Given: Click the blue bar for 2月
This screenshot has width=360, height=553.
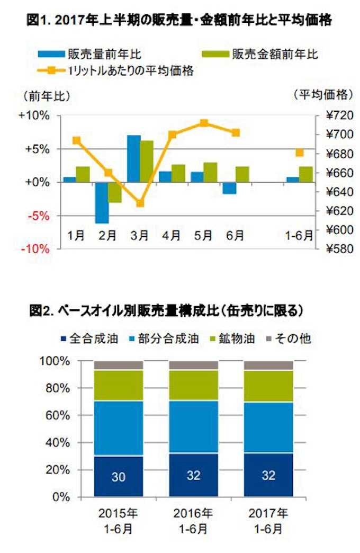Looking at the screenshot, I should pyautogui.click(x=102, y=203).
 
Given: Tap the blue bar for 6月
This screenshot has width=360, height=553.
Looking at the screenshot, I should pyautogui.click(x=229, y=188).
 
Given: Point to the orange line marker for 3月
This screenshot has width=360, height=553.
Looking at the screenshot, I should pyautogui.click(x=140, y=203).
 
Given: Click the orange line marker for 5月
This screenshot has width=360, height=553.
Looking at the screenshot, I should pyautogui.click(x=203, y=123).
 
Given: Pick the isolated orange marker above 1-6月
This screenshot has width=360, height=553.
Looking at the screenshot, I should pyautogui.click(x=300, y=153).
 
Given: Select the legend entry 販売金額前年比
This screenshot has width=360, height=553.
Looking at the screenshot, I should pyautogui.click(x=259, y=54).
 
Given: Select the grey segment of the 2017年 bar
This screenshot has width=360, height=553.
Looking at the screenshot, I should pyautogui.click(x=268, y=365).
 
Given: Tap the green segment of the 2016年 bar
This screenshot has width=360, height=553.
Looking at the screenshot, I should pyautogui.click(x=193, y=385).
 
